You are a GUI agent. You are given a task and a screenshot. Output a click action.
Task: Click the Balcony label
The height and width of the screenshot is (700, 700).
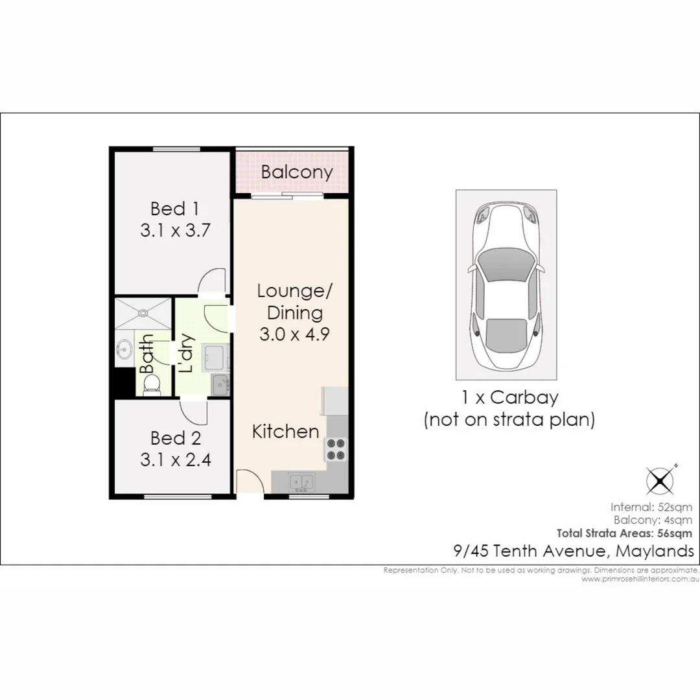tap(297, 172)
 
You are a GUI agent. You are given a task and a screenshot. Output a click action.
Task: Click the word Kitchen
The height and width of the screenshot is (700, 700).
tap(285, 432)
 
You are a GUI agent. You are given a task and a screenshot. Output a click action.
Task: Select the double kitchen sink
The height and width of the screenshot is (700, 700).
tap(301, 482)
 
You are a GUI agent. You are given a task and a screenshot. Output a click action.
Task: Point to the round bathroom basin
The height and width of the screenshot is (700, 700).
tap(123, 351)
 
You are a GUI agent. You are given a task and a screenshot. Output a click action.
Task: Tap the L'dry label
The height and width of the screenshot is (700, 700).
tap(186, 353)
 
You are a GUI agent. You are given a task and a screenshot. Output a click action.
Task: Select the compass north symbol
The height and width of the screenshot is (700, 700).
tap(660, 481)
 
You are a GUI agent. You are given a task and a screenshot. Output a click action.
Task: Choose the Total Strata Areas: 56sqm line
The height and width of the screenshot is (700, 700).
tap(624, 533)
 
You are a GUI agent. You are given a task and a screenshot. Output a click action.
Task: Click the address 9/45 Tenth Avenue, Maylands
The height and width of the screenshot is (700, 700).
tap(573, 552)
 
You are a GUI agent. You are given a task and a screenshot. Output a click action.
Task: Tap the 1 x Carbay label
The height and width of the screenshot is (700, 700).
tap(509, 397)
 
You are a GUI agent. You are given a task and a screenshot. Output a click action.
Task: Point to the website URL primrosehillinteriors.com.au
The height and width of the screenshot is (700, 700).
tap(638, 579)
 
